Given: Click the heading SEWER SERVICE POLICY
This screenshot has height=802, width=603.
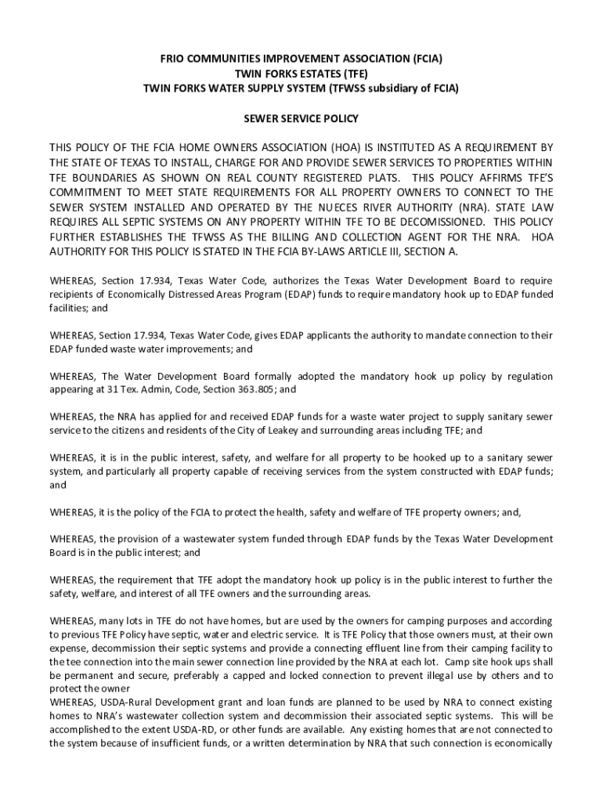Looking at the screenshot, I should click(301, 119).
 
